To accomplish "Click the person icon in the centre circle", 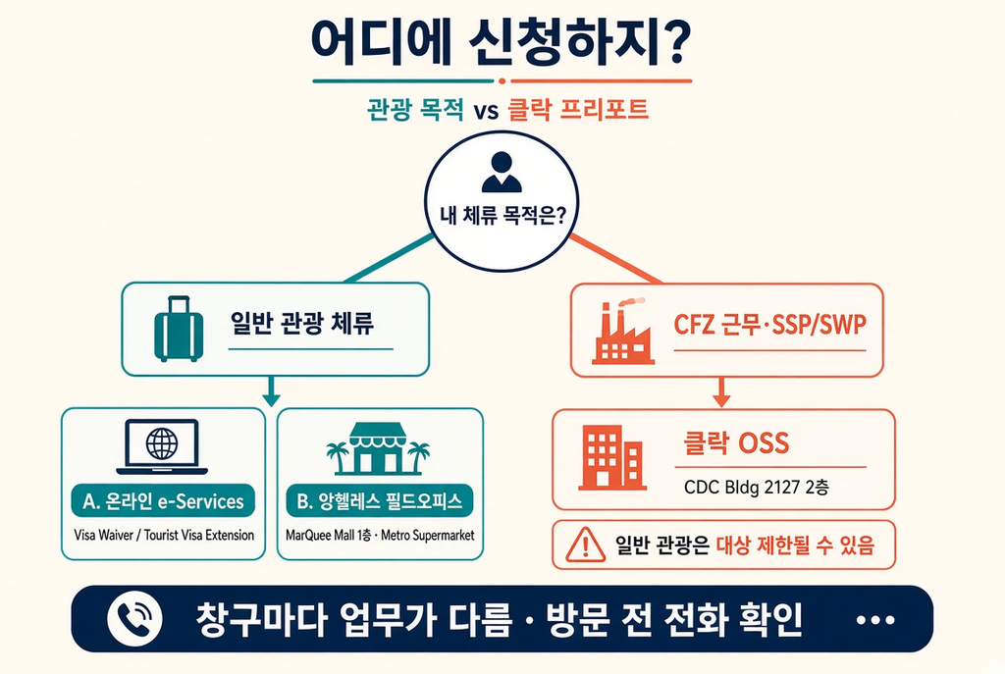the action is click(x=502, y=172).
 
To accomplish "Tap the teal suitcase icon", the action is click(x=179, y=329).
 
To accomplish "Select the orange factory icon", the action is click(x=622, y=332).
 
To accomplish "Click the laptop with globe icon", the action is click(x=162, y=446).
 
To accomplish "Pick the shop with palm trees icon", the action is click(x=378, y=448).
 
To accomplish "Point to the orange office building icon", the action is click(x=611, y=457).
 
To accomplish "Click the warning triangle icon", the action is click(x=585, y=545).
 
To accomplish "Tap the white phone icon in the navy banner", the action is click(x=134, y=619).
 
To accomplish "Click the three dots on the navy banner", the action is click(x=875, y=619).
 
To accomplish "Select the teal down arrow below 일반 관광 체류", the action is click(x=271, y=391).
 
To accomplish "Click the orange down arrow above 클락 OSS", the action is click(x=721, y=392).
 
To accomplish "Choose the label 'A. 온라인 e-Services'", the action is click(x=164, y=501).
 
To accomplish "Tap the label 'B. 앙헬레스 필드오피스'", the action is click(x=380, y=501).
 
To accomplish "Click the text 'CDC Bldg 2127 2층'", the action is click(x=757, y=488).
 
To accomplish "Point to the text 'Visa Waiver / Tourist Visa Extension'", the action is click(x=164, y=535).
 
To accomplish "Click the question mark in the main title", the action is click(x=673, y=42).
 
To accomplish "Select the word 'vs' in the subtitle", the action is click(x=486, y=112).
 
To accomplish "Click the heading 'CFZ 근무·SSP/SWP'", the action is click(x=769, y=324).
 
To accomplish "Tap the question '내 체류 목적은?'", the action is click(x=503, y=215).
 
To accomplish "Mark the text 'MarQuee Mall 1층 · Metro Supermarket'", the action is click(x=380, y=535).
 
